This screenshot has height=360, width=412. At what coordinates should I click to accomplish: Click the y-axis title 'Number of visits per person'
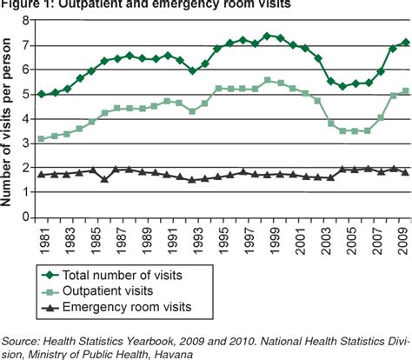point(8,117)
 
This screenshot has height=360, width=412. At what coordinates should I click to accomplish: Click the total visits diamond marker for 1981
point(41,94)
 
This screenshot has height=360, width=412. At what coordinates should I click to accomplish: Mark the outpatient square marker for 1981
point(41,139)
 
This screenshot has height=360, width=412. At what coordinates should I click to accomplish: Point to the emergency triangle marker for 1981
point(41,175)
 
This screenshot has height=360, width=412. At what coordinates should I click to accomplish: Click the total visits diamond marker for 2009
point(404,42)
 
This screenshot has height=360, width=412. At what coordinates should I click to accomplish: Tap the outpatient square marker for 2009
point(404,90)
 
